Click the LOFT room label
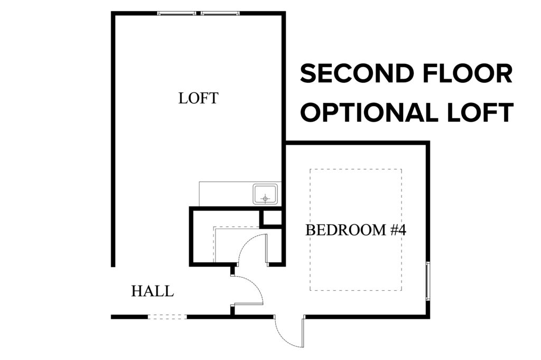coord(199,98)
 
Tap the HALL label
coord(153,291)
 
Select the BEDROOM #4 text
coord(356,230)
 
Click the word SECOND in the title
coord(357,73)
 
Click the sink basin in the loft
coord(265,194)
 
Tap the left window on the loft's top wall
coord(176,13)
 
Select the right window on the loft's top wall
coord(220,13)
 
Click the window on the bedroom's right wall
coord(428,281)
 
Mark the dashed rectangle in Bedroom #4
coord(356,169)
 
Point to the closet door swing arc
coord(246,241)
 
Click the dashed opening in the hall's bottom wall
coord(167,317)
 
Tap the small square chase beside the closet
coord(272,217)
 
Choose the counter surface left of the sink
coord(226,194)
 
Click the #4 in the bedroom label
coord(398,230)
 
